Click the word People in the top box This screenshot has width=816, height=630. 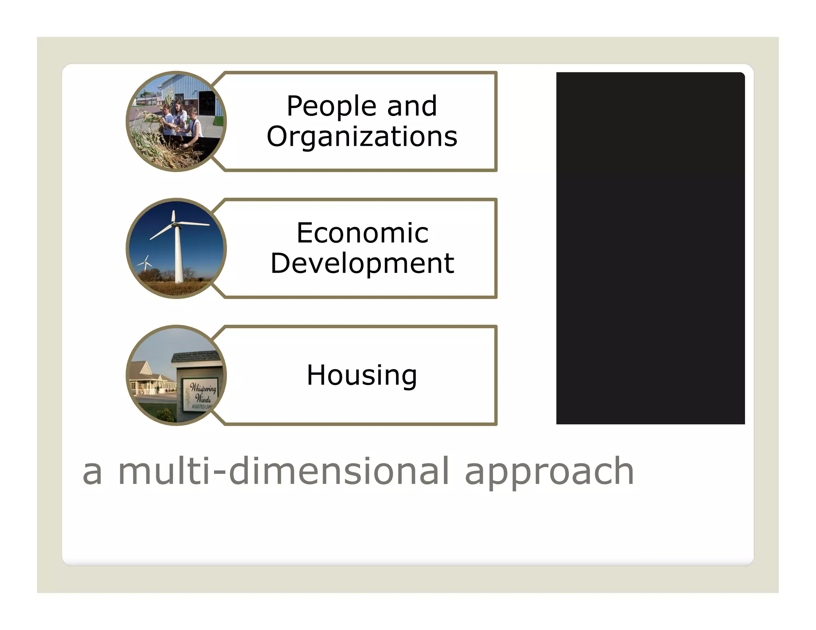(331, 107)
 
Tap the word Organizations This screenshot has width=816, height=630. (362, 137)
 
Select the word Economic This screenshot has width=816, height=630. (362, 233)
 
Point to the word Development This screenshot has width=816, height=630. (362, 264)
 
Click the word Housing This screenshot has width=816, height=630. (362, 376)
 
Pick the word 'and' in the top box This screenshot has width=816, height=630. (412, 106)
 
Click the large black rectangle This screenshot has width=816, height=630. (650, 248)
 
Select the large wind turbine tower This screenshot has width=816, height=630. (178, 255)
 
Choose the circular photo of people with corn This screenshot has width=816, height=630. (176, 122)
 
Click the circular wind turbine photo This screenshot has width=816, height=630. (176, 248)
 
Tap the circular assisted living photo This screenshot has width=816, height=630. (176, 376)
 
